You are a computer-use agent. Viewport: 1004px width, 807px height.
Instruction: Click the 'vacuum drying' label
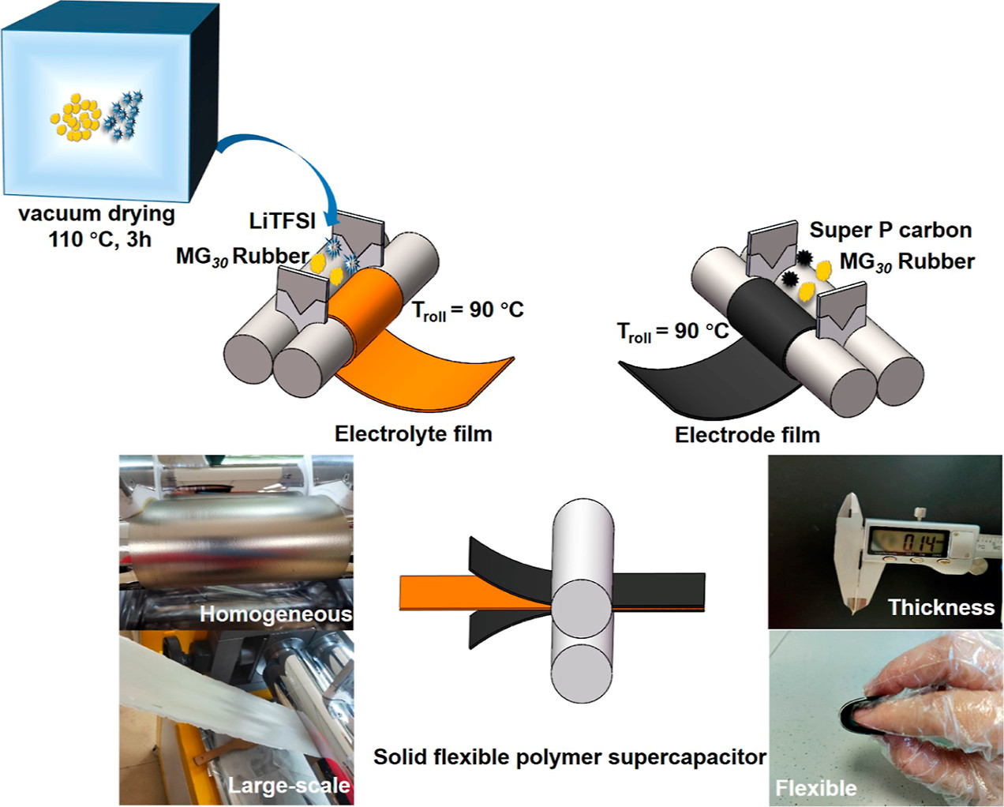96,214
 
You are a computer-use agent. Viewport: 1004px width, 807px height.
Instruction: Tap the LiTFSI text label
282,221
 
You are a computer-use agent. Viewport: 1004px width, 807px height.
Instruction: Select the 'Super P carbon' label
890,230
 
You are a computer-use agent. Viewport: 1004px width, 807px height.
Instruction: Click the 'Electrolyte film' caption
413,434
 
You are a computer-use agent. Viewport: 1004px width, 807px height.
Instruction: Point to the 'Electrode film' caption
747,434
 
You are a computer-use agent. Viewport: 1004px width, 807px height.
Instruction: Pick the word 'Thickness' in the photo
941,607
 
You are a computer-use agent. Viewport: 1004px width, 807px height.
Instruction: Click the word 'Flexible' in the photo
815,787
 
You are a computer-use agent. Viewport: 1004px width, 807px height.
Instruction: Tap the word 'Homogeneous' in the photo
275,614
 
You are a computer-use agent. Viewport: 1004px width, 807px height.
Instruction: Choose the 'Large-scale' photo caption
288,785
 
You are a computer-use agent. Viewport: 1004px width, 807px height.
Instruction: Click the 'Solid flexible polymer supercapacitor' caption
569,757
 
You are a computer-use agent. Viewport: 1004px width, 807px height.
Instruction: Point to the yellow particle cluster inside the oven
75,118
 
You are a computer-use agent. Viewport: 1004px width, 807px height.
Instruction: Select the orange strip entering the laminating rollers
450,591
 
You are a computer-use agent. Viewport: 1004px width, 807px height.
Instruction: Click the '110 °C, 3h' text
99,239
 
